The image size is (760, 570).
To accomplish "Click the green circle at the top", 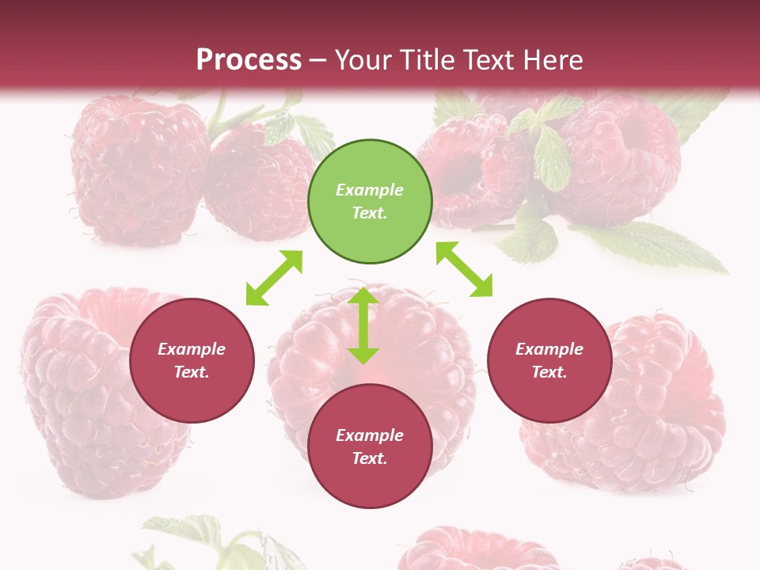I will coord(370,201).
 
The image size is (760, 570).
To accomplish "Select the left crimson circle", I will coord(192,360).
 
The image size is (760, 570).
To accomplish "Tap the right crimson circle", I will coord(549,360).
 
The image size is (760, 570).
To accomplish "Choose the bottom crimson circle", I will coord(370,446).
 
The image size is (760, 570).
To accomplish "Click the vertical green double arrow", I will coord(363,325).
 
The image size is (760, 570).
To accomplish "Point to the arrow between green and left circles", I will coord(274,278).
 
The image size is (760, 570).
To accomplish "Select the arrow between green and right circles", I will coord(464,269).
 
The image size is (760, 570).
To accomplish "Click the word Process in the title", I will coord(249,59).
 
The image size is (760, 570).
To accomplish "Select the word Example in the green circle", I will coord(370,190).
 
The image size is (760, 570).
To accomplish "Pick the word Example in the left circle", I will coord(192,349).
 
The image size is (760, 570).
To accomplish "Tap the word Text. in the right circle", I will coord(549,372).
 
